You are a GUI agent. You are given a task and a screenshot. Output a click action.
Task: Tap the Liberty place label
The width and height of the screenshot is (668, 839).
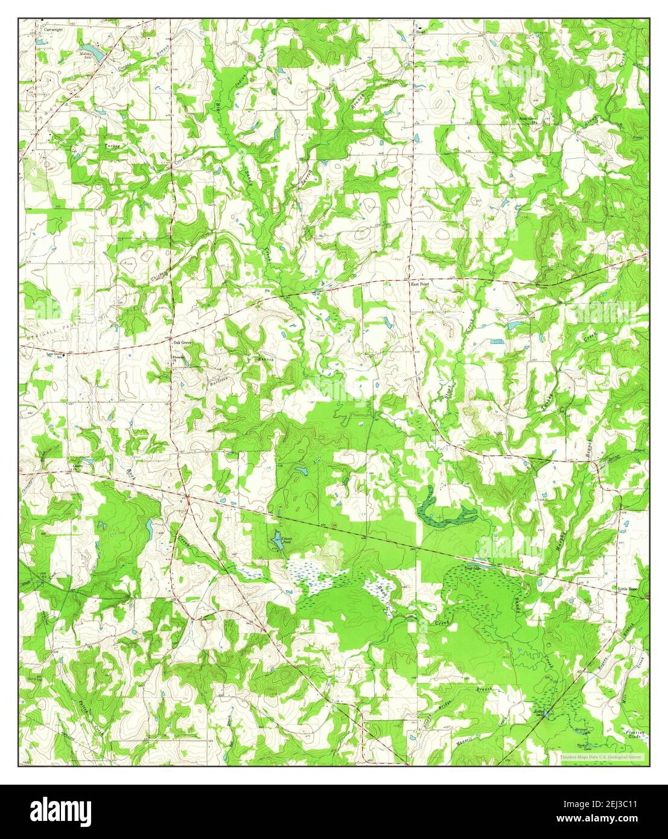coord(78,466)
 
